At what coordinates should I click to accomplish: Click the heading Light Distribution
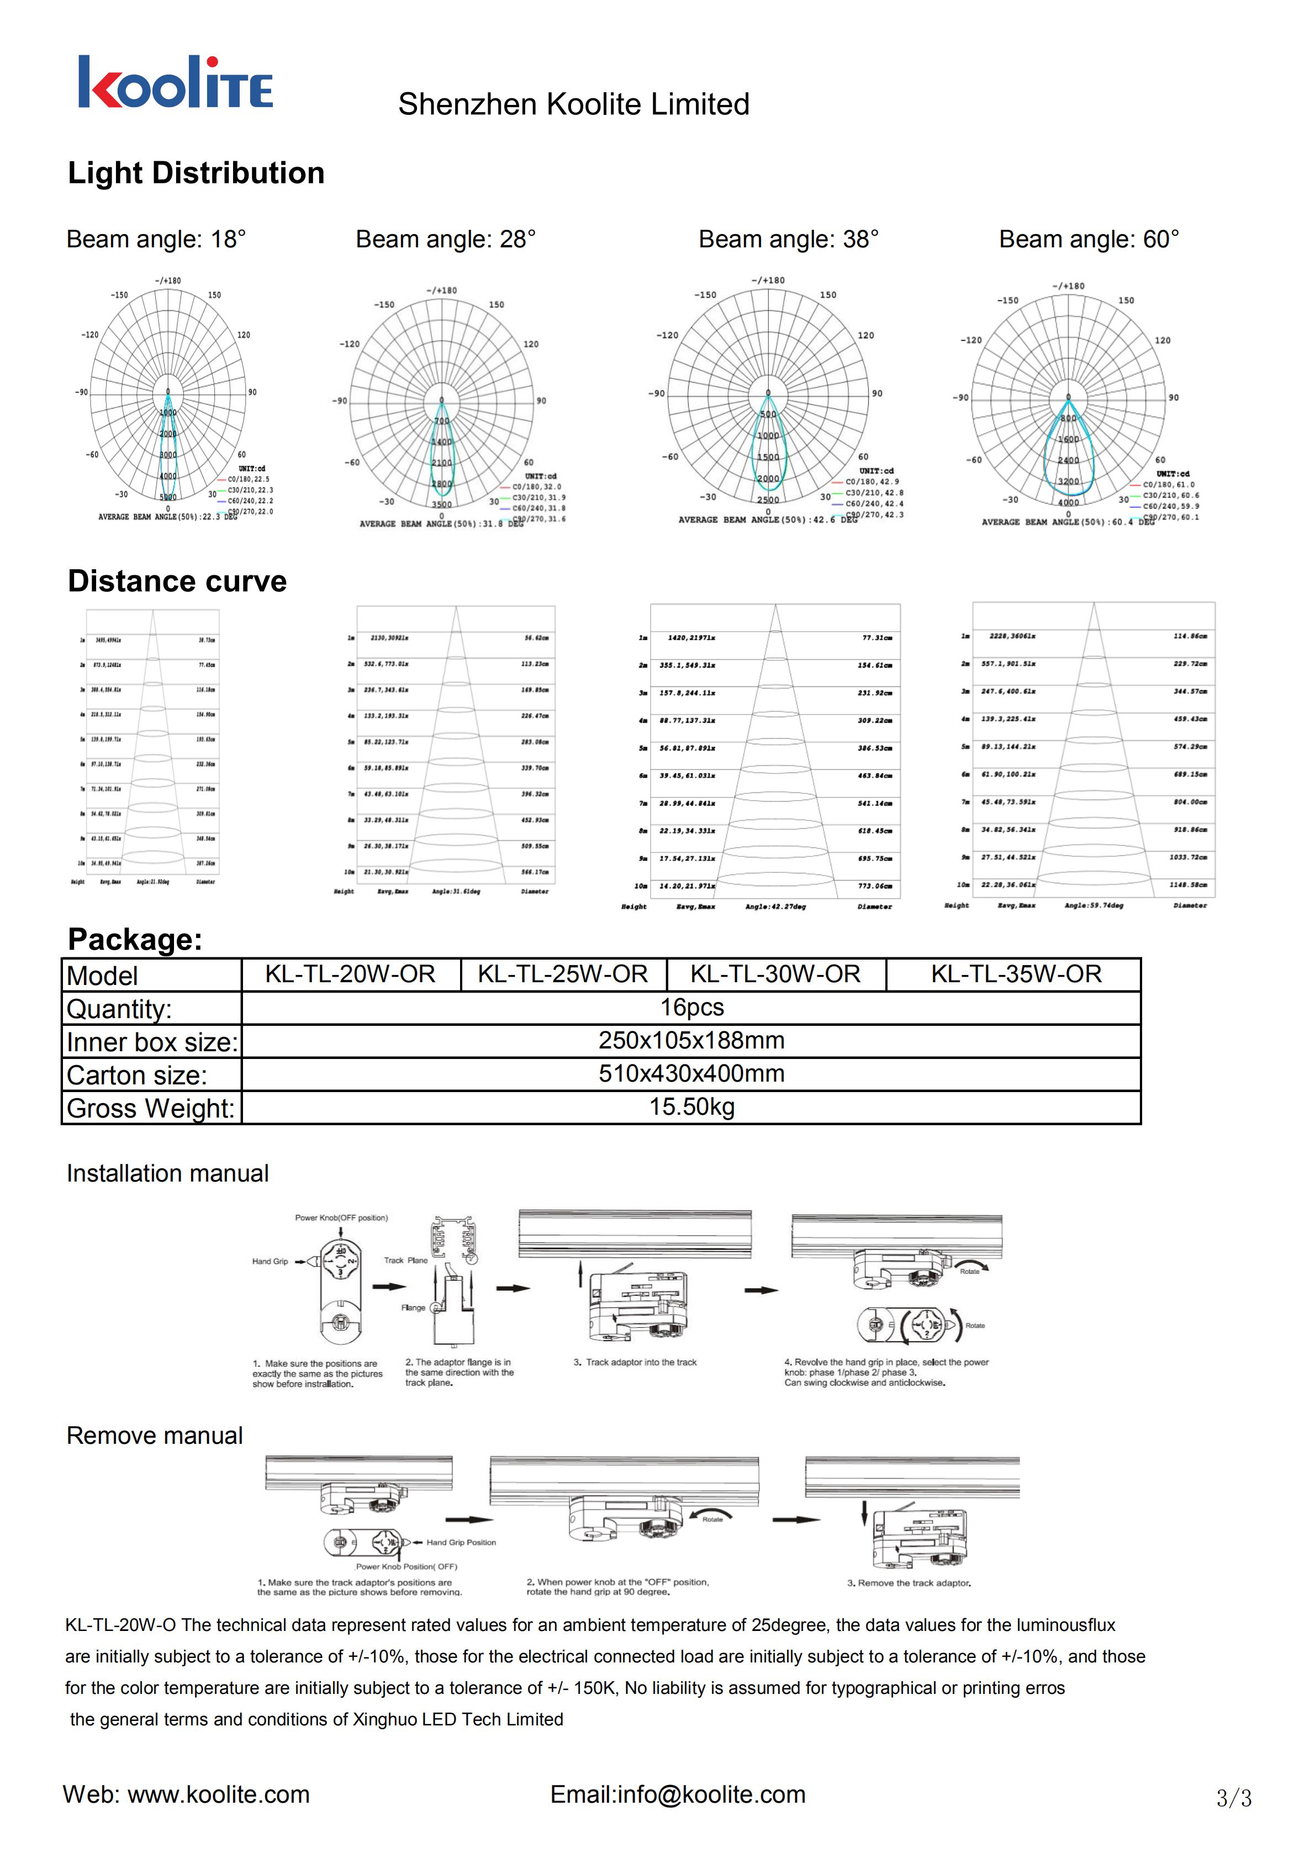click(x=196, y=173)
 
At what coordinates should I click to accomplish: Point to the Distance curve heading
click(x=177, y=581)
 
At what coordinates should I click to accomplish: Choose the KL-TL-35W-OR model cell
click(x=1016, y=974)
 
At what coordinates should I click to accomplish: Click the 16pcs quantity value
click(x=691, y=1007)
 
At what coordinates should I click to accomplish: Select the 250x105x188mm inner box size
click(x=691, y=1040)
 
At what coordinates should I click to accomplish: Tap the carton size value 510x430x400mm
click(x=691, y=1074)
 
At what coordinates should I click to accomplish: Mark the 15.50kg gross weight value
click(x=691, y=1107)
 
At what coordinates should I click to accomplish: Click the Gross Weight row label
click(x=151, y=1108)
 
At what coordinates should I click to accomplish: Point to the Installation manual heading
click(x=167, y=1173)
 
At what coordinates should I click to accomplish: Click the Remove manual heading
click(x=155, y=1436)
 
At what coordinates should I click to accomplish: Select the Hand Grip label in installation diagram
click(x=270, y=1262)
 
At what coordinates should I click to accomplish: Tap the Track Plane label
click(x=406, y=1260)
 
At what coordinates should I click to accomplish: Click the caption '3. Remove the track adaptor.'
click(x=909, y=1583)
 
